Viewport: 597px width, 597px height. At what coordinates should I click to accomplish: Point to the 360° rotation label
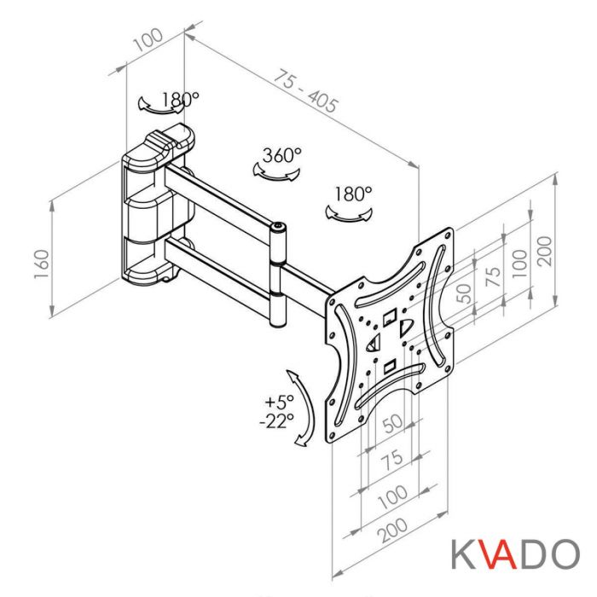pos(281,155)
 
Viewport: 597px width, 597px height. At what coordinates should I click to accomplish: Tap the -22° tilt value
pos(278,420)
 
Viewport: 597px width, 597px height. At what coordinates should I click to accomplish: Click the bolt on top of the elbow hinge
pos(279,227)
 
